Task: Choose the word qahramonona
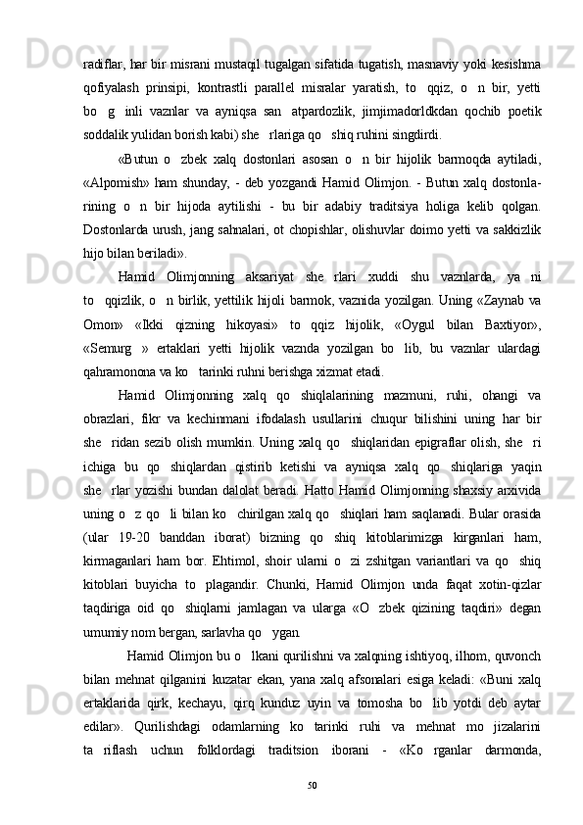click(123, 370)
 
